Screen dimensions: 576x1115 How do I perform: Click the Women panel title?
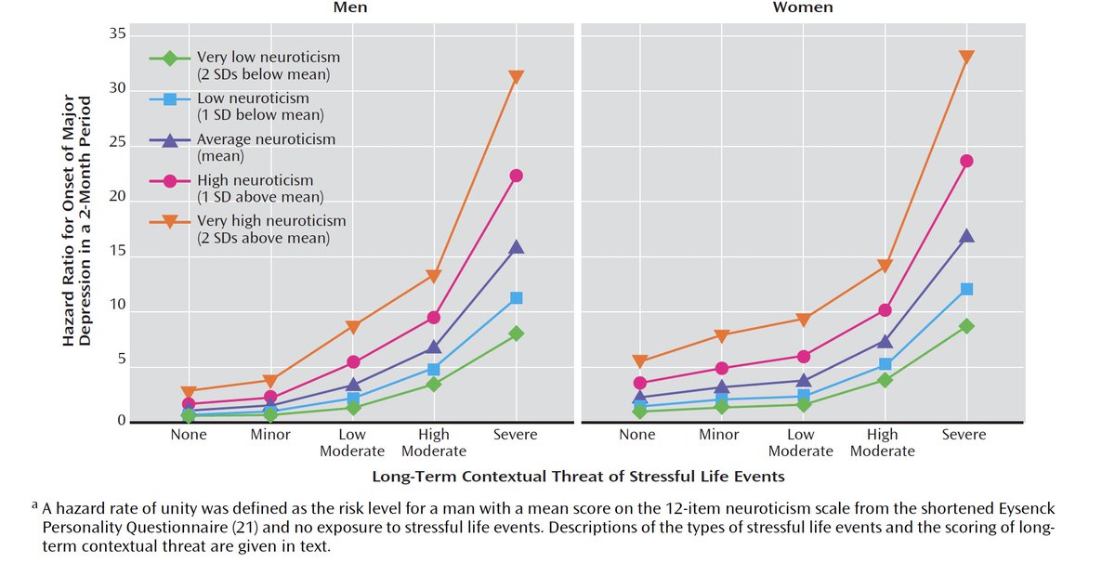click(803, 8)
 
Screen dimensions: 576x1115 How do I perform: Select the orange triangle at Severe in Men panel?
click(516, 77)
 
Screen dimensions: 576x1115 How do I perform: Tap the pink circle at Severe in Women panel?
click(966, 161)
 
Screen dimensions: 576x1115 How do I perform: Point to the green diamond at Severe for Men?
click(516, 333)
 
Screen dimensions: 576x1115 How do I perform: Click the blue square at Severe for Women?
click(966, 289)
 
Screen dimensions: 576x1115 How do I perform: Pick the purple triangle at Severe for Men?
click(516, 247)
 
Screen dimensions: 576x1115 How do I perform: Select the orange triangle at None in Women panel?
click(638, 361)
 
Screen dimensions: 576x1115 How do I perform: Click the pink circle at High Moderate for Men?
click(434, 318)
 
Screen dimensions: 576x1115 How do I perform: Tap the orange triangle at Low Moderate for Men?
click(352, 326)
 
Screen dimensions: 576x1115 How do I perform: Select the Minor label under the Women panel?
click(718, 435)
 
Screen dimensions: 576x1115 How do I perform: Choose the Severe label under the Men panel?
click(516, 435)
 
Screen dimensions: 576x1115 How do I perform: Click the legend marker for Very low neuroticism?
click(170, 58)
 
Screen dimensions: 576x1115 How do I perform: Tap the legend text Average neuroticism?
click(266, 139)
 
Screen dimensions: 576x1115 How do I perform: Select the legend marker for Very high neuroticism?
click(170, 221)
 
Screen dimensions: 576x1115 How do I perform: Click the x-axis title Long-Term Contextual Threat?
click(578, 477)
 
